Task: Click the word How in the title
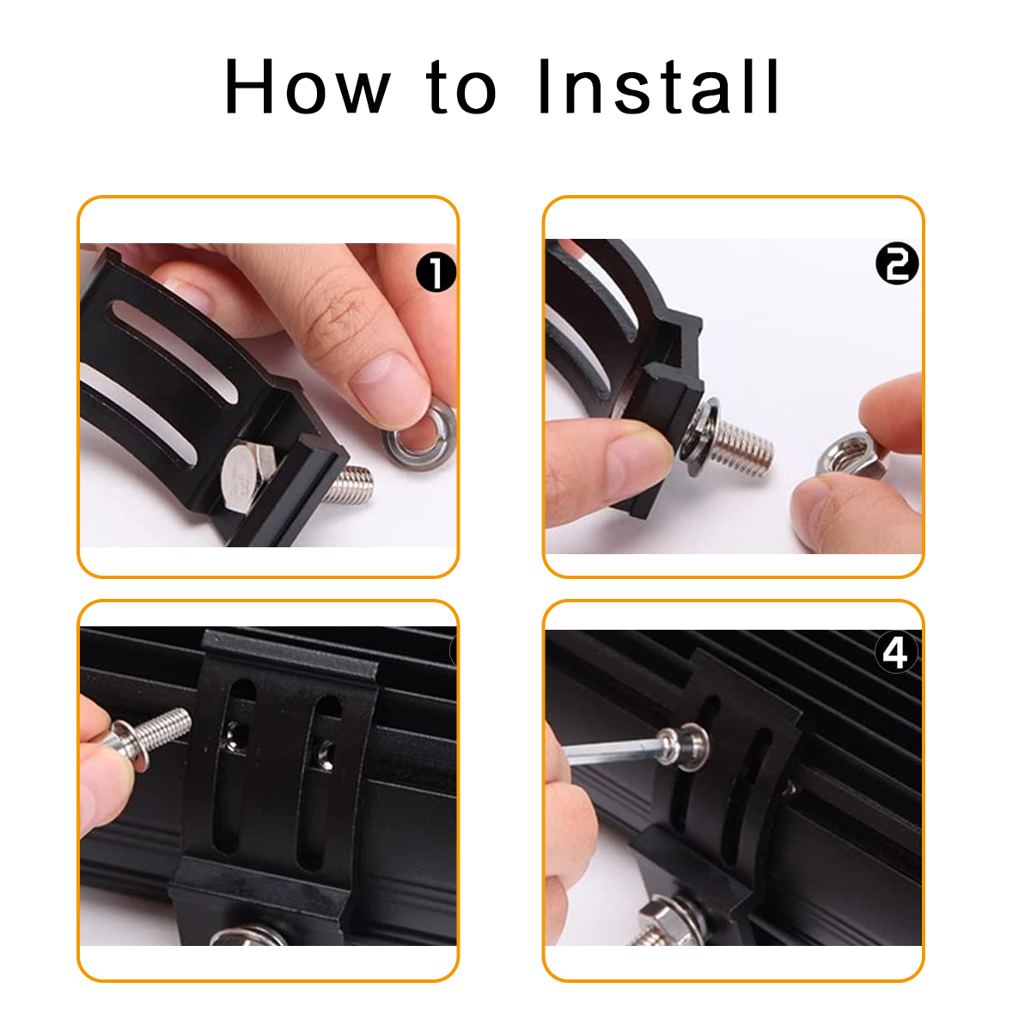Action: (307, 87)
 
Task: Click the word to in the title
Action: (461, 88)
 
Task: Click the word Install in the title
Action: (657, 87)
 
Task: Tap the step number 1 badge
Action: (436, 273)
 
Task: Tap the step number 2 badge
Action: (896, 264)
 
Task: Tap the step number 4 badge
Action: (895, 653)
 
